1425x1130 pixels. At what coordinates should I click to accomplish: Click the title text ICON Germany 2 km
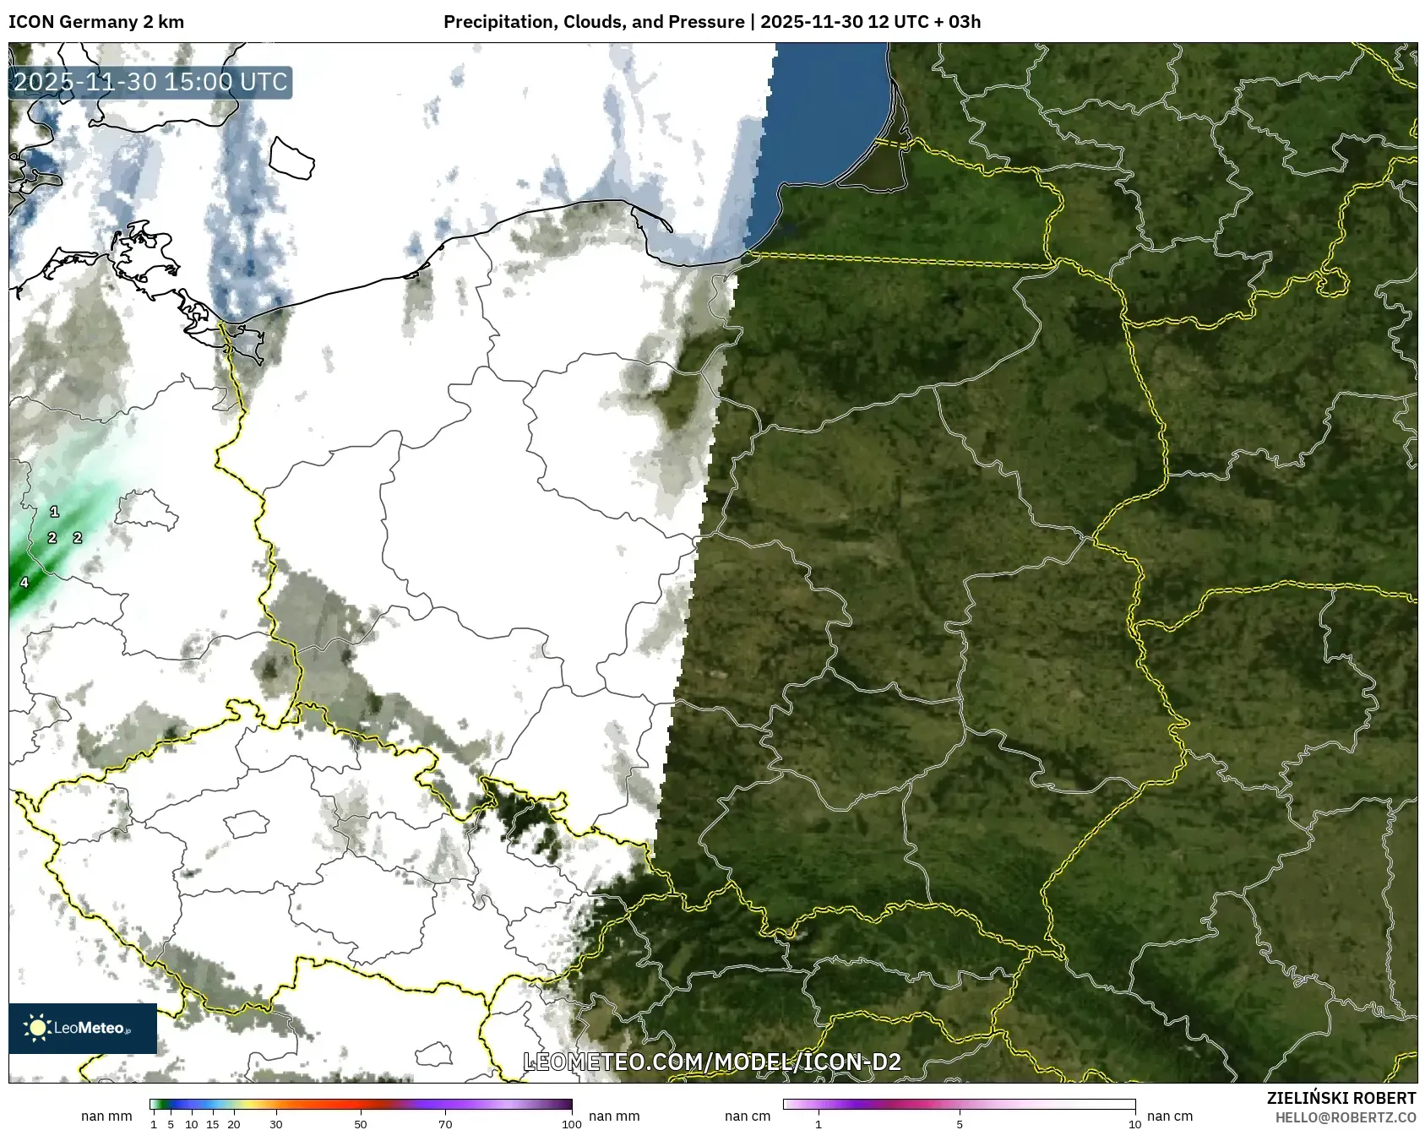click(x=95, y=22)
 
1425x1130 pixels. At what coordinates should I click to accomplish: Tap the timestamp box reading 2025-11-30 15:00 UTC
click(x=150, y=82)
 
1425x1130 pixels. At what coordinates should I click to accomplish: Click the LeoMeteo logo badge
click(x=83, y=1028)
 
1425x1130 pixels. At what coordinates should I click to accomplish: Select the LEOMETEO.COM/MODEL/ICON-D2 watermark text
click(x=712, y=1062)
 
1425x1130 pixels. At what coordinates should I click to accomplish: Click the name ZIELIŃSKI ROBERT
click(x=1341, y=1098)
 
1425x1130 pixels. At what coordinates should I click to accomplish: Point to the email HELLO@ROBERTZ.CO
click(x=1345, y=1117)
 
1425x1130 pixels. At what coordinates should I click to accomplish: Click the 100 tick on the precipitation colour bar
click(x=572, y=1124)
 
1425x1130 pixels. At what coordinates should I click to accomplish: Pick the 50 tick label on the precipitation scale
click(x=361, y=1124)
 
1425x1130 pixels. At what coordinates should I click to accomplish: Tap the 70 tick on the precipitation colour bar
click(x=445, y=1124)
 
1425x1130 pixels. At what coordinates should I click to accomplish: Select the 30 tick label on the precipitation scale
click(x=276, y=1124)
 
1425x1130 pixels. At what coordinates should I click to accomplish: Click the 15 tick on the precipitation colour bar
click(x=213, y=1124)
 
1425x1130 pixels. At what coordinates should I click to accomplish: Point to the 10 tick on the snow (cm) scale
click(x=1134, y=1124)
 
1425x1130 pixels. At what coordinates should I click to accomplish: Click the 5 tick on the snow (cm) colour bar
click(x=960, y=1124)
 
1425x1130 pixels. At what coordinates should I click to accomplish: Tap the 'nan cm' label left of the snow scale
click(x=748, y=1116)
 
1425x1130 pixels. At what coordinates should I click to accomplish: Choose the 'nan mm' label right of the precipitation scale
click(x=613, y=1116)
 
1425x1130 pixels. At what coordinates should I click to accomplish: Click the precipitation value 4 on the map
click(x=24, y=582)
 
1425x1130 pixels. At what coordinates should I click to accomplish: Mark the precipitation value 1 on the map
click(x=55, y=512)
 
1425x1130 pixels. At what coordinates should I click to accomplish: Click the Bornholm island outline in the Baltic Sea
click(x=291, y=158)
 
